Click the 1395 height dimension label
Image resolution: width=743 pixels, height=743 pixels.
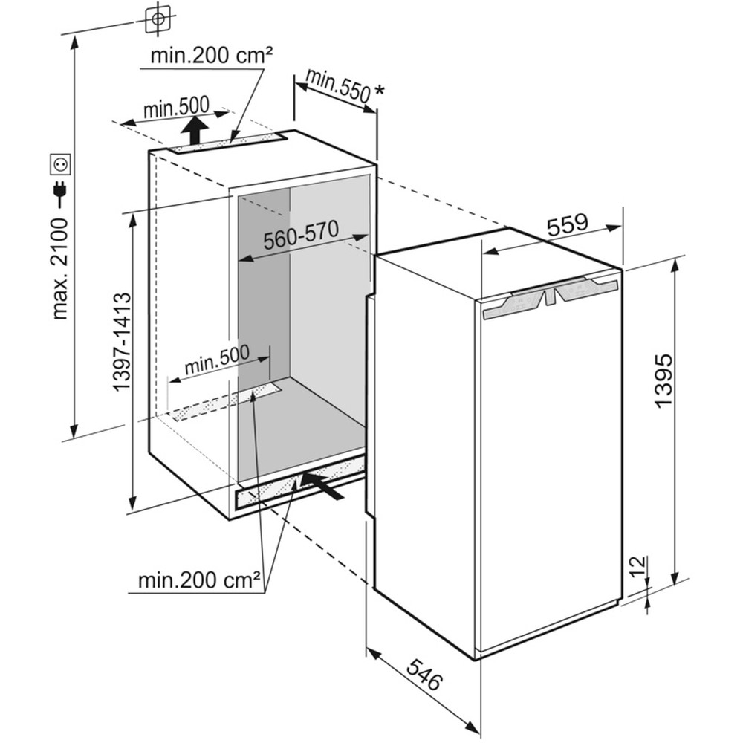[663, 380]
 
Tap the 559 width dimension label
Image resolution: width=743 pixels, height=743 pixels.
[567, 225]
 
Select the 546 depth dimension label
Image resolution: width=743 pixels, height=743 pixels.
[424, 673]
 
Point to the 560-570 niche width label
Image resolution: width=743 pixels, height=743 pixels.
[302, 235]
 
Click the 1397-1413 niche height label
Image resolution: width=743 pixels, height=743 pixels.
[122, 342]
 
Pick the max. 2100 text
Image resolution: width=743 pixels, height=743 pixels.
[61, 270]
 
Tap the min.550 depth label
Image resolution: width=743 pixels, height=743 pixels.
[337, 85]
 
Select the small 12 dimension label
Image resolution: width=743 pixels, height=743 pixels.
[639, 565]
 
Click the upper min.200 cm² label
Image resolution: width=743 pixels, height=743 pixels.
[212, 56]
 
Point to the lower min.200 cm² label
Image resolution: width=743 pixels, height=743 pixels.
[199, 580]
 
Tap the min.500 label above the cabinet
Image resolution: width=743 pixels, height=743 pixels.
[176, 108]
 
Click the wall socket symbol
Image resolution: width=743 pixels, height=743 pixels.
[61, 164]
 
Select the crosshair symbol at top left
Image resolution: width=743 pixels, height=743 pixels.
[158, 19]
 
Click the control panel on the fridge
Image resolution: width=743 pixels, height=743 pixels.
[550, 299]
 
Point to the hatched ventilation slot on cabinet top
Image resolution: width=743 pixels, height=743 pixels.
[229, 143]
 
